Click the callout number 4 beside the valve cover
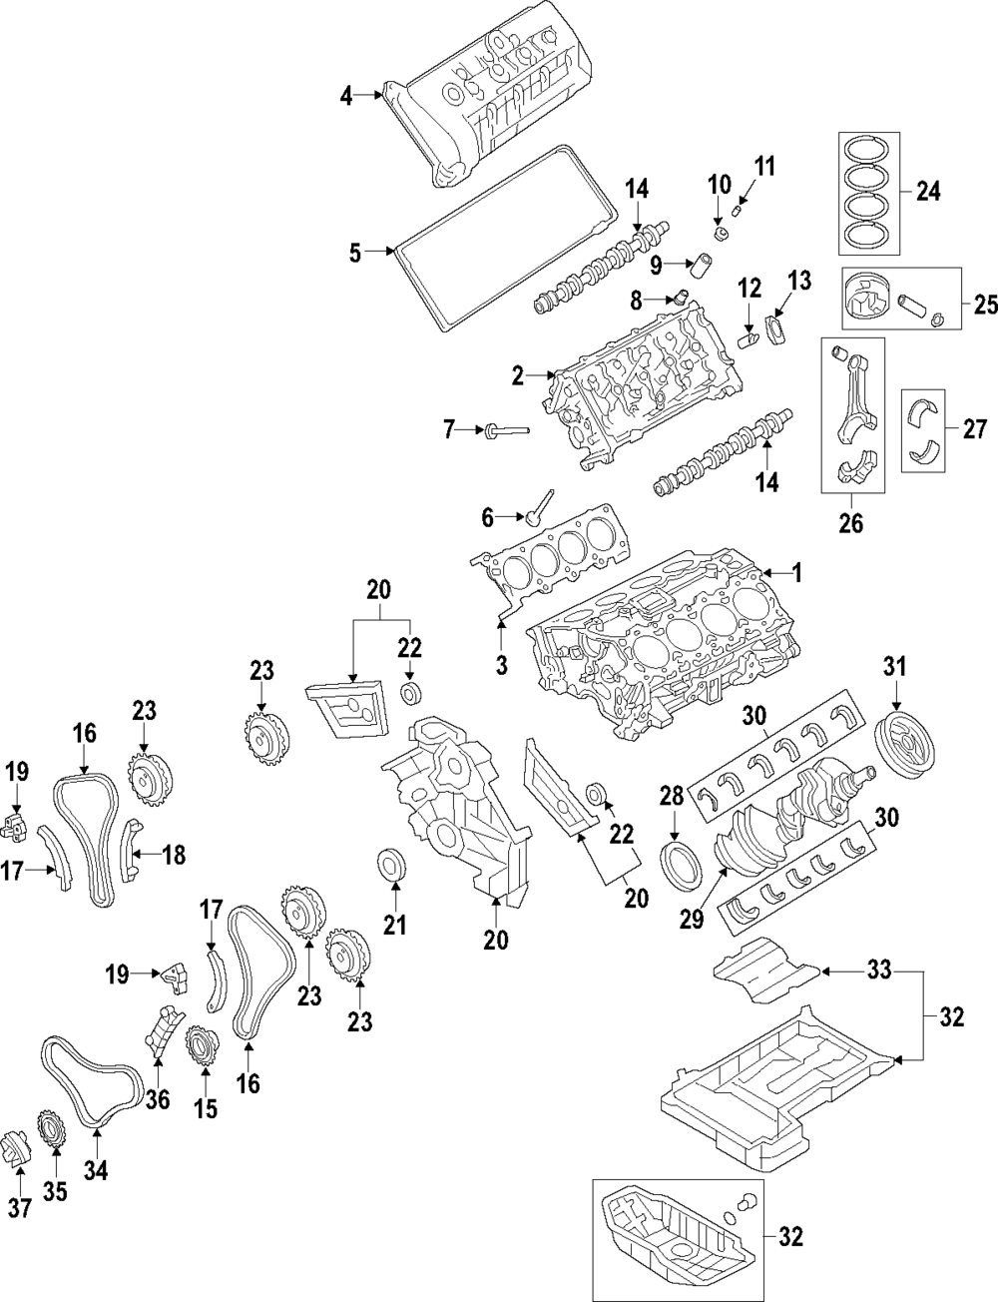345,96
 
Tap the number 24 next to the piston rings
928,190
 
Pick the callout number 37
21,1207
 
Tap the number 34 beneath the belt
95,1170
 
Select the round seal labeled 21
392,864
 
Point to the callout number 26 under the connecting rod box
851,522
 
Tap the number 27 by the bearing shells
973,429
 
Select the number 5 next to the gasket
355,253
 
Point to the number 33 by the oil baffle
878,970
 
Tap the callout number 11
764,165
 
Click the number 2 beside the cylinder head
517,375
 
